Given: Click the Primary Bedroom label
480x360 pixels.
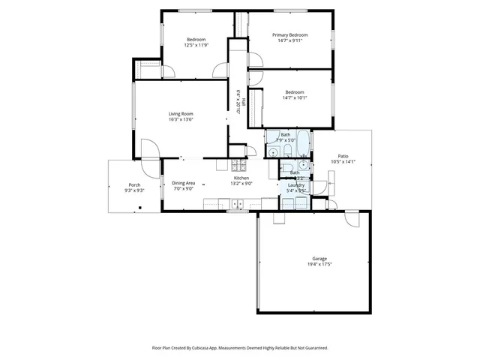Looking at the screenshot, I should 289,34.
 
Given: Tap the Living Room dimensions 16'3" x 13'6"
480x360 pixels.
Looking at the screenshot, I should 181,119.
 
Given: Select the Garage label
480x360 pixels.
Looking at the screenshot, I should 319,259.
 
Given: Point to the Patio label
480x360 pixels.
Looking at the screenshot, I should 343,156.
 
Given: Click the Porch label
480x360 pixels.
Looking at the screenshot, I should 134,184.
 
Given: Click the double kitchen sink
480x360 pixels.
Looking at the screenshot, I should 237,202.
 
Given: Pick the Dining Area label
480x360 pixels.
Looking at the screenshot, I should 184,183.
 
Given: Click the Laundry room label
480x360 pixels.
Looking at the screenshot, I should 295,185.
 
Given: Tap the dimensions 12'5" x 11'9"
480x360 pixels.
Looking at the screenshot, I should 195,45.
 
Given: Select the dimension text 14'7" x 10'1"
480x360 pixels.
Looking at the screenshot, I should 295,97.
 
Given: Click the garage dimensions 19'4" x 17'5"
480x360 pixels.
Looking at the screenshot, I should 319,265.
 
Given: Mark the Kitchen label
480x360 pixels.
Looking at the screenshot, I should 252,178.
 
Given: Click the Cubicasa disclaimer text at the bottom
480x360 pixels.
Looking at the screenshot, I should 240,349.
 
